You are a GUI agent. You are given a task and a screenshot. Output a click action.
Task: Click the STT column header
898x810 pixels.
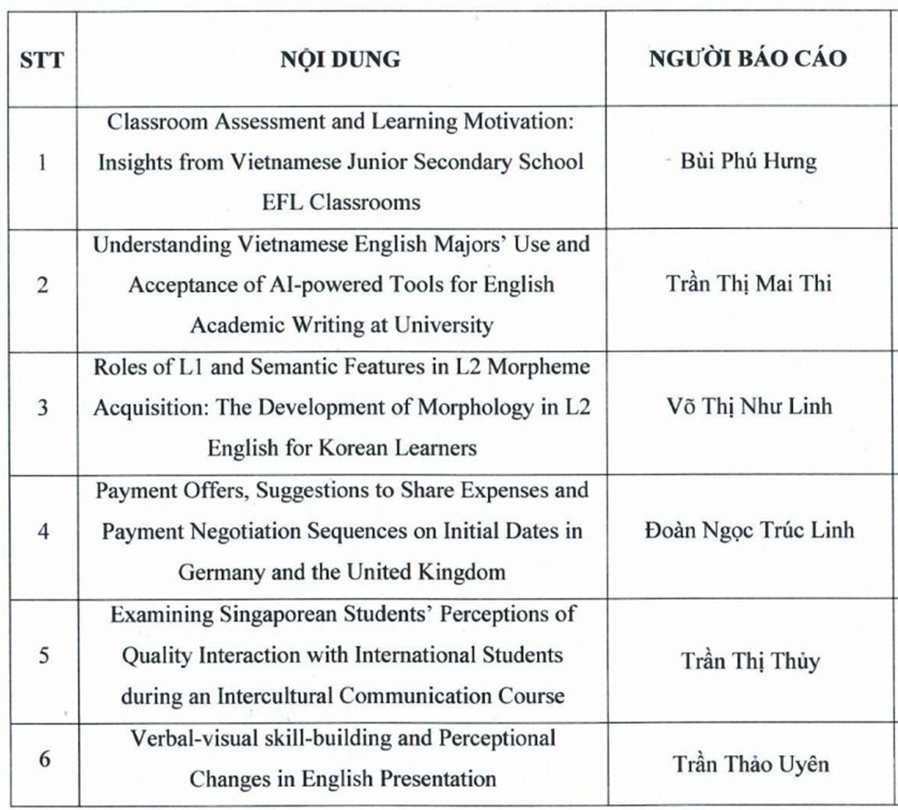(41, 61)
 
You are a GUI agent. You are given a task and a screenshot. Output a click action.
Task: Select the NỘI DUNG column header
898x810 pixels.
(340, 60)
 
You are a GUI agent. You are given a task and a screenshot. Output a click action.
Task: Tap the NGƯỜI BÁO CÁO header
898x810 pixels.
(747, 59)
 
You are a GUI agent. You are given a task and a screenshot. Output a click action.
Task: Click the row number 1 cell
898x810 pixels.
(42, 163)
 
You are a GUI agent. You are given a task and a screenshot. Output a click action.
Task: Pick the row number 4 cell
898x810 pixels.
(42, 531)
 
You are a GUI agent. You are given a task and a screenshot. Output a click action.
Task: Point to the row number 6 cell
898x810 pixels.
(42, 757)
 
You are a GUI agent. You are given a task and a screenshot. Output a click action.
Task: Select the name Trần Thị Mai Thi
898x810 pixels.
(748, 284)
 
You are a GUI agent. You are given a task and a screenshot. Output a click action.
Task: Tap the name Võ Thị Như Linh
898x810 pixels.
(748, 406)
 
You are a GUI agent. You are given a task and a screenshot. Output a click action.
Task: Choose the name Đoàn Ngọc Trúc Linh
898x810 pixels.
(749, 530)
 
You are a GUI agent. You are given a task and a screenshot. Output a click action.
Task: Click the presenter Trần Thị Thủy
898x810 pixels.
(749, 661)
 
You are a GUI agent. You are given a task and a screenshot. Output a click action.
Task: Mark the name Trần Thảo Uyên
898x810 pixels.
(751, 764)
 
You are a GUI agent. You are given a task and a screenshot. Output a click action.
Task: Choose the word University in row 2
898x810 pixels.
(444, 324)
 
